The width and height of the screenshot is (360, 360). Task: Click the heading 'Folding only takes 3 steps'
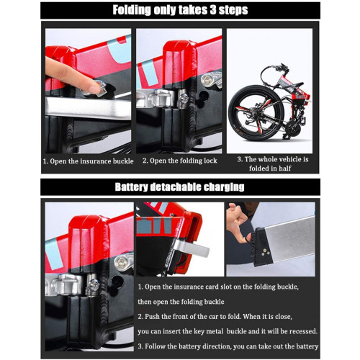point(180,10)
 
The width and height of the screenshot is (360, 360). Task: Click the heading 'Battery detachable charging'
point(180,187)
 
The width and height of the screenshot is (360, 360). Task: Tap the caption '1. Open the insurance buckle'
point(88,161)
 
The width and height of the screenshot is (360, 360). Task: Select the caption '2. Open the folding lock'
point(180,161)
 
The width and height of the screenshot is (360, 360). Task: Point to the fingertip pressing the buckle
point(94,89)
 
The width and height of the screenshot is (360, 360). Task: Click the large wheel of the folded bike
point(256,113)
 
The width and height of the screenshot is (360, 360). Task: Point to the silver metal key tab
point(192,248)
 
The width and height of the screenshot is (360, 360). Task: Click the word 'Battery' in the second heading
point(131,187)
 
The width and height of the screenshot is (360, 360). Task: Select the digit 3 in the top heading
point(212,10)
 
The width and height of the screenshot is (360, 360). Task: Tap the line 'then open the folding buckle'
point(181,302)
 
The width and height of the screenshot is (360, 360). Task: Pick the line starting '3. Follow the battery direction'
point(228,346)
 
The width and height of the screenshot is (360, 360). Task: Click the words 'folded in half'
point(270,168)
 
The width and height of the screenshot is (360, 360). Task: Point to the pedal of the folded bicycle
point(286,138)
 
